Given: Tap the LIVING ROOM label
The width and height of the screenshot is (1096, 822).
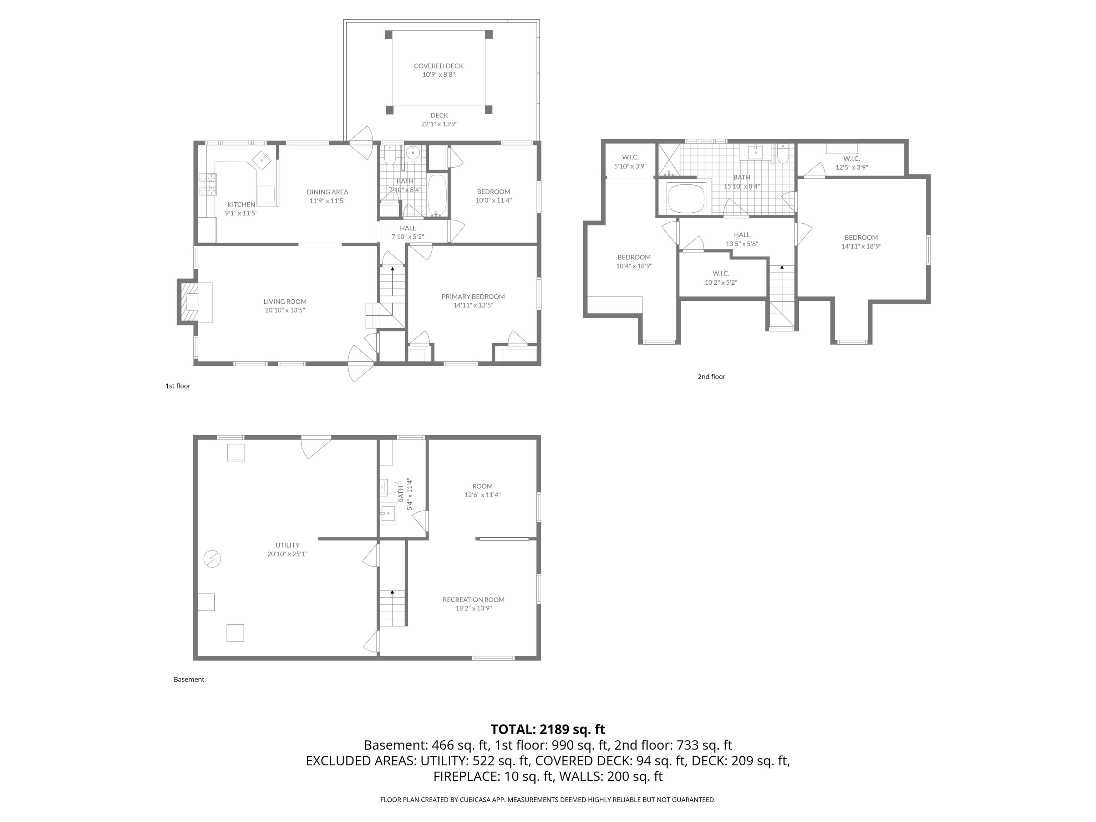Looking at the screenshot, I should pyautogui.click(x=285, y=301).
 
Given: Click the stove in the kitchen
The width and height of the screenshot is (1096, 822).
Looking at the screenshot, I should pyautogui.click(x=208, y=184).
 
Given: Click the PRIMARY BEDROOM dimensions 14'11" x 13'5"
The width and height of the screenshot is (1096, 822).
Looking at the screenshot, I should pyautogui.click(x=473, y=305).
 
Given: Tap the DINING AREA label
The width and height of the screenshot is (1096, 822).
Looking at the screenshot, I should pyautogui.click(x=327, y=192).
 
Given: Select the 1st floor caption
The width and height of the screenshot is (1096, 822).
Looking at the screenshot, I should pyautogui.click(x=178, y=386).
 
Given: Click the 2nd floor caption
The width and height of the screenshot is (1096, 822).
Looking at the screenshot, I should pyautogui.click(x=711, y=376).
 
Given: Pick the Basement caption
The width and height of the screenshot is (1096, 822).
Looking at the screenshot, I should pyautogui.click(x=189, y=679).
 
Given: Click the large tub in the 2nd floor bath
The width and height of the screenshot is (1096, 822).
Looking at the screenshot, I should pyautogui.click(x=686, y=198).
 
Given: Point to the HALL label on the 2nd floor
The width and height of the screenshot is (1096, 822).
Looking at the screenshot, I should pyautogui.click(x=742, y=235).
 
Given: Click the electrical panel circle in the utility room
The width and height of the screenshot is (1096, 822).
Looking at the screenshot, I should pyautogui.click(x=212, y=559).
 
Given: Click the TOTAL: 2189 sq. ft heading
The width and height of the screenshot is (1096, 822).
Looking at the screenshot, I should pyautogui.click(x=548, y=729).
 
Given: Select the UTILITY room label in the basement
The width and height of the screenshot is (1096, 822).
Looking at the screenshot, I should pyautogui.click(x=287, y=545).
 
